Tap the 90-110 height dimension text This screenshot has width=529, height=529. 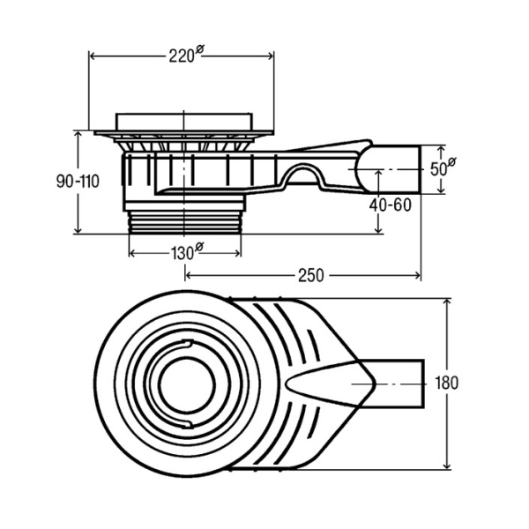[78, 182]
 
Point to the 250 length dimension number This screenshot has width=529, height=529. [310, 275]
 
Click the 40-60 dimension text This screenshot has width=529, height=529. [390, 205]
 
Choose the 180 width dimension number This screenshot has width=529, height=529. [446, 383]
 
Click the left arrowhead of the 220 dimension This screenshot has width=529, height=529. [92, 56]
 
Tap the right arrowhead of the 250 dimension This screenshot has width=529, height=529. [418, 276]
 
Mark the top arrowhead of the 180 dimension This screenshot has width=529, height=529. [447, 302]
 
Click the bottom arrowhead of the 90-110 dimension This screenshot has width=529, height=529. [78, 230]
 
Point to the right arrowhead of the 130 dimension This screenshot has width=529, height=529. [238, 253]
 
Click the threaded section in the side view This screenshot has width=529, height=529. [185, 222]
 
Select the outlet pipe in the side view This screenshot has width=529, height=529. [395, 169]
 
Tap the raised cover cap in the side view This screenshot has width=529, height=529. [184, 122]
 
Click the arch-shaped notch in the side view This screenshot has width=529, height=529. [302, 174]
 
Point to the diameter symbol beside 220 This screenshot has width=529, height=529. [199, 49]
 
